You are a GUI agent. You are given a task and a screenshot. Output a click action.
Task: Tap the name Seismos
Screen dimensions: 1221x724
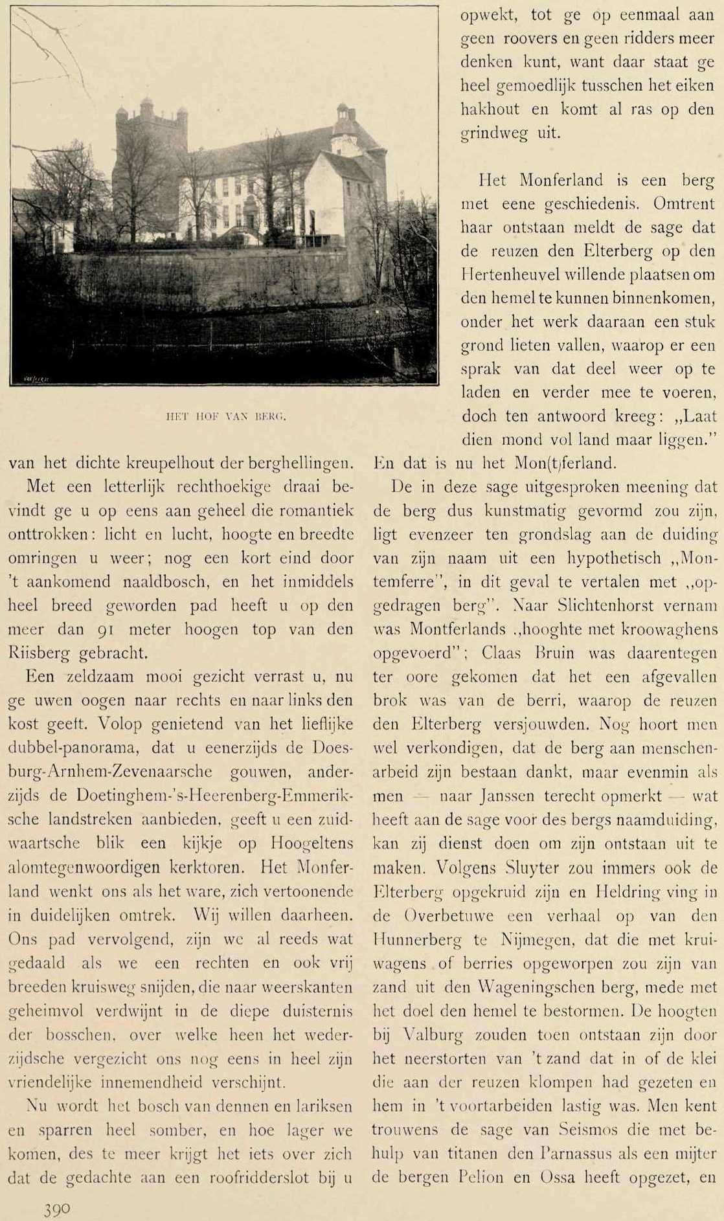coord(590,1128)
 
